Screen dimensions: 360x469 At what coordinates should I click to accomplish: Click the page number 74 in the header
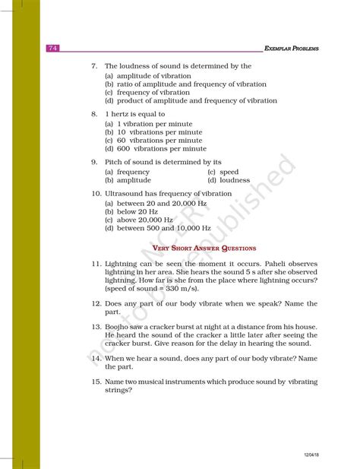52,49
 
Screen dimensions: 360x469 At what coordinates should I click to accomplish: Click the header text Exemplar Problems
291,49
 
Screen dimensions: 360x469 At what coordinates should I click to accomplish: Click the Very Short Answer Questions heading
204,248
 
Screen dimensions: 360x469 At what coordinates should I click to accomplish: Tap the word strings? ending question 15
119,391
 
